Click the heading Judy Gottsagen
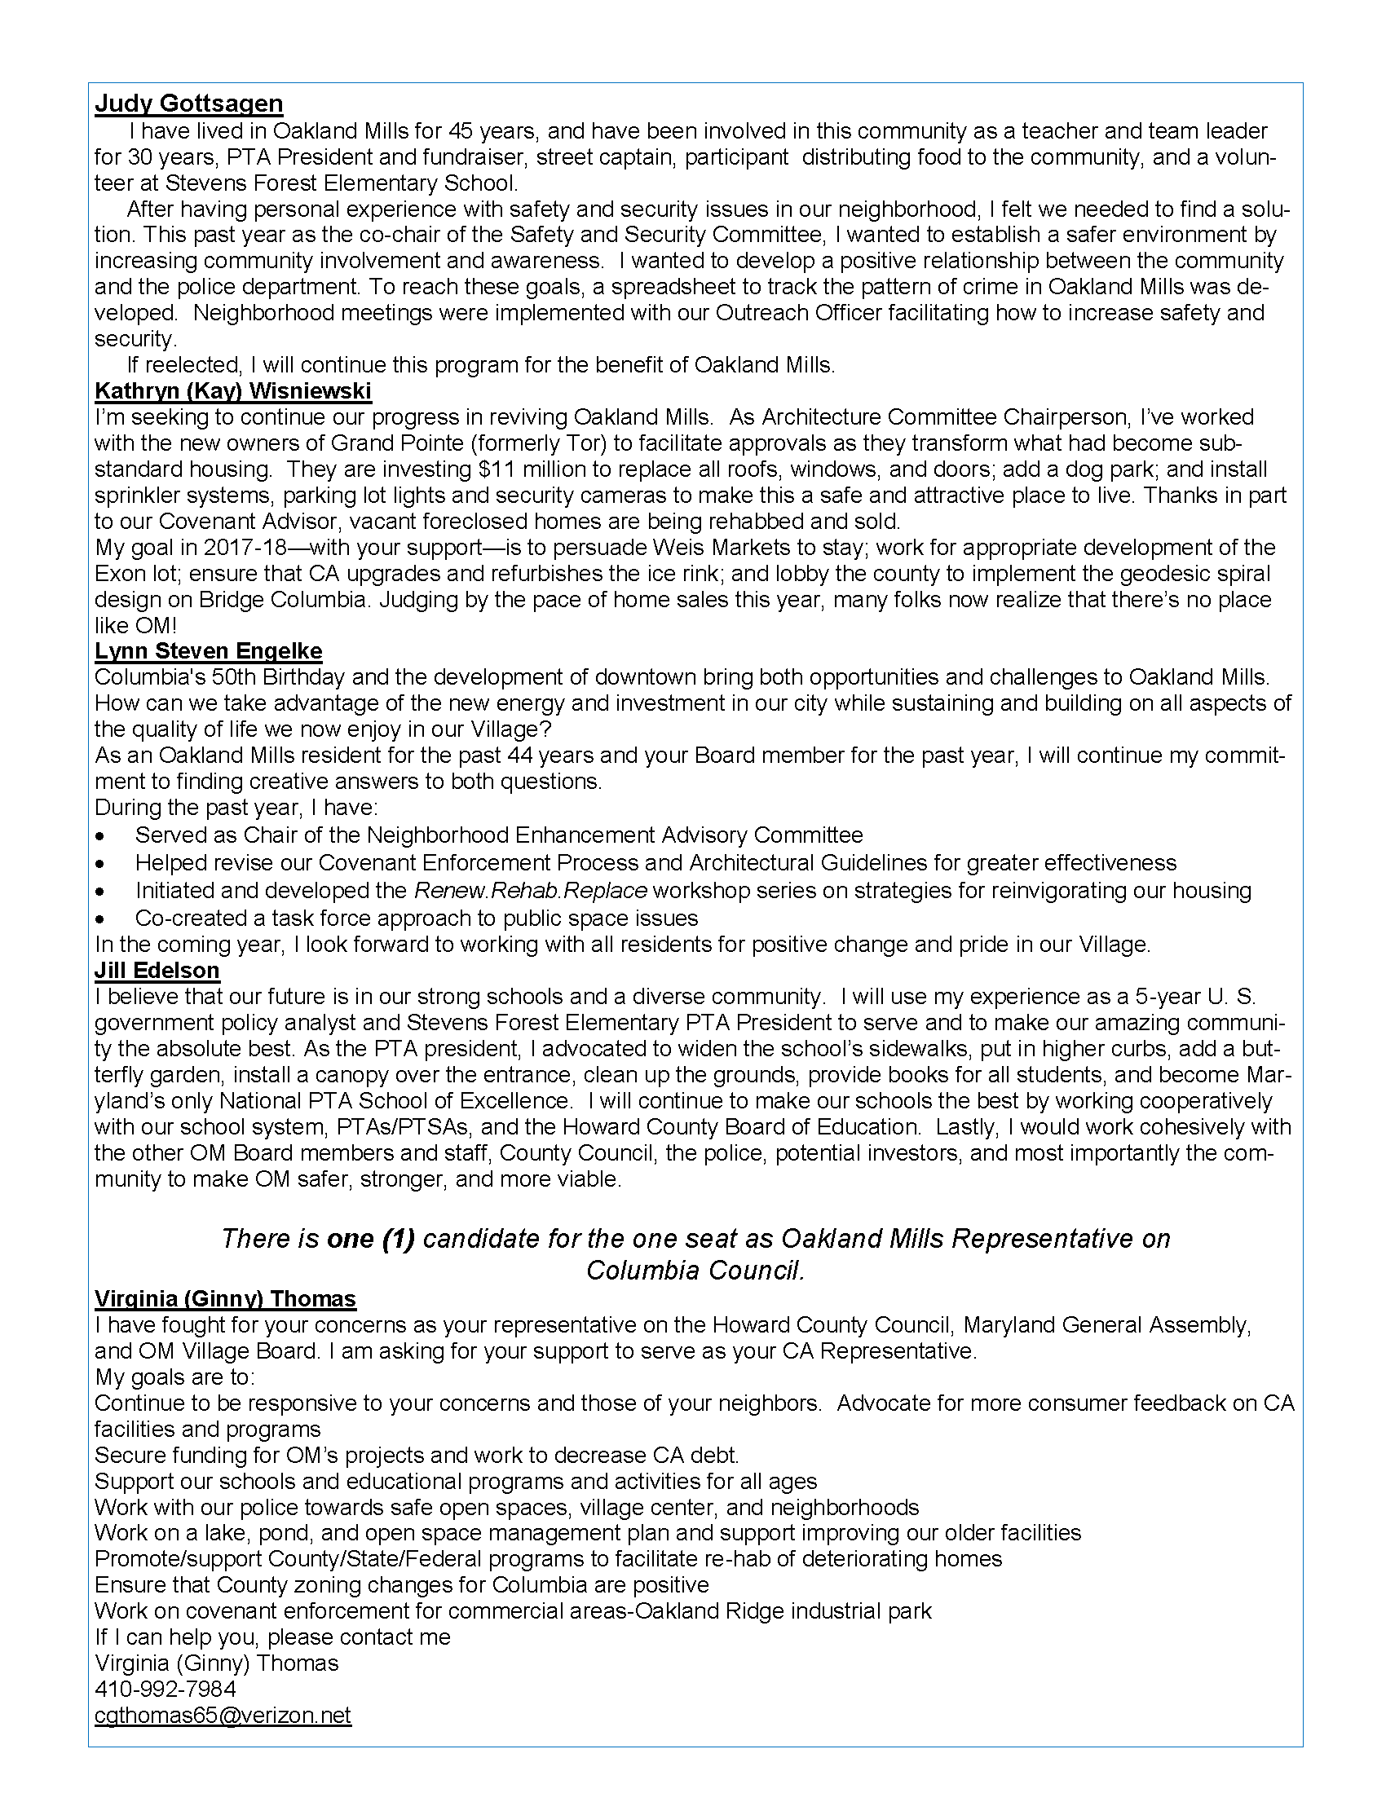click(189, 104)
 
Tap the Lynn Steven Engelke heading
click(209, 651)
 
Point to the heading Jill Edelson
click(157, 971)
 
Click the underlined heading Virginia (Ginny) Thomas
click(225, 1299)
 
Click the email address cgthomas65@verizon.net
click(223, 1715)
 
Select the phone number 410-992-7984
click(165, 1689)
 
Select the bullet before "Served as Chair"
click(100, 836)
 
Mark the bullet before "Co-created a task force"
click(100, 919)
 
